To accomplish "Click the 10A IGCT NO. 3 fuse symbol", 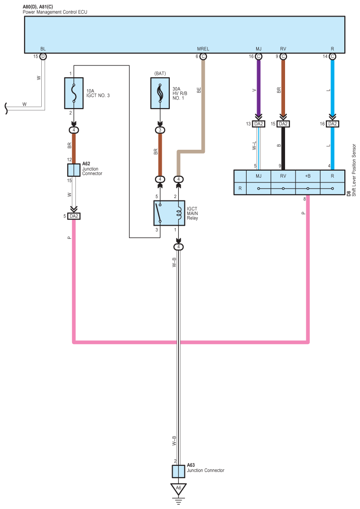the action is click(74, 93).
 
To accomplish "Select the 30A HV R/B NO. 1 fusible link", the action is click(160, 93).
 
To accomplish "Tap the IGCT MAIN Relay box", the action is click(169, 213).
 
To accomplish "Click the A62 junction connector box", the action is click(74, 170).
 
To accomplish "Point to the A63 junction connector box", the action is click(178, 472).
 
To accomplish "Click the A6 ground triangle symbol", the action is click(178, 489).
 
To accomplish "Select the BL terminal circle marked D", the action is click(43, 56).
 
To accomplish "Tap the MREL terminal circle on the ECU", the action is click(203, 56).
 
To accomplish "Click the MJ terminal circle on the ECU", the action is click(258, 56).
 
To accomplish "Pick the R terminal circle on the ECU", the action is click(332, 56).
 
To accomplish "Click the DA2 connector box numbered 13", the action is click(258, 124).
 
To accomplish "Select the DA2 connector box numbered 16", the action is click(332, 124).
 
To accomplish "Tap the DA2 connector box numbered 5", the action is click(74, 216).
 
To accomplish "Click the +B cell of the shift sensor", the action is click(308, 176).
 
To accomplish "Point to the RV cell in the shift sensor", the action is click(283, 176).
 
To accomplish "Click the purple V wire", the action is click(258, 88).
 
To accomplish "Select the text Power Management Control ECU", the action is click(55, 12).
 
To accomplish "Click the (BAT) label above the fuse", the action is click(160, 73).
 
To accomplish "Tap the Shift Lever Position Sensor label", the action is click(354, 170).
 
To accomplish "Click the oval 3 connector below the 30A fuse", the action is click(160, 130).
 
